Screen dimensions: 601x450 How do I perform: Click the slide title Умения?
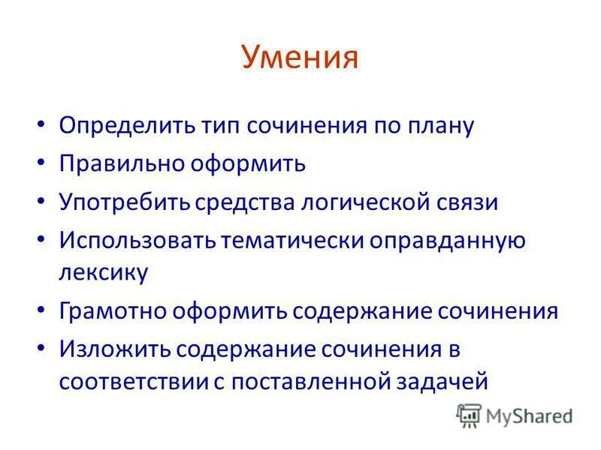(300, 57)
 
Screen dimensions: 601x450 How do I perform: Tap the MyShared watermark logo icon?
(469, 415)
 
